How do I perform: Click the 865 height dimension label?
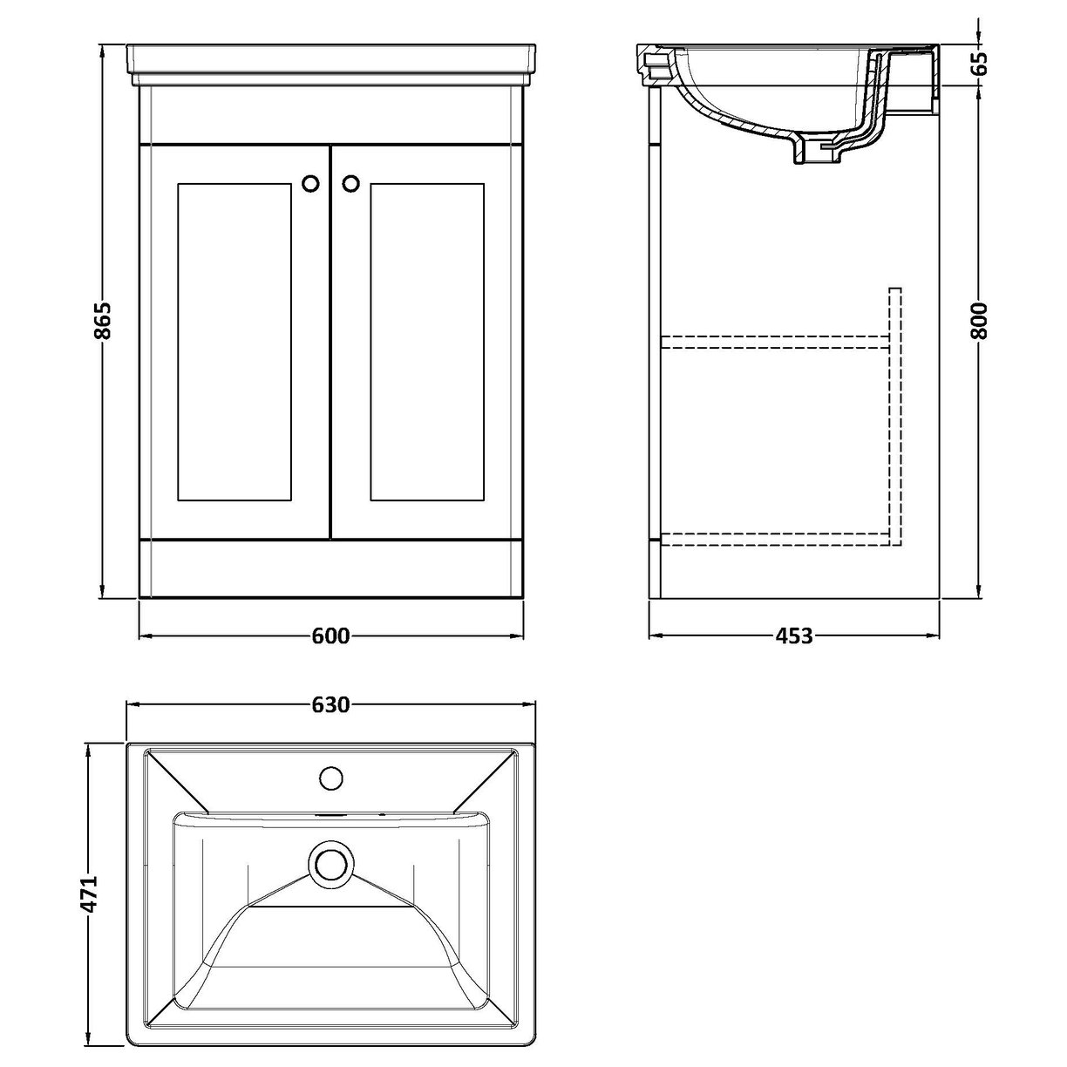(x=103, y=321)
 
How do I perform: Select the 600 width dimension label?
(x=330, y=636)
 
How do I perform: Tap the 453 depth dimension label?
(x=793, y=636)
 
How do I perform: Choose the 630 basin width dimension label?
(x=330, y=703)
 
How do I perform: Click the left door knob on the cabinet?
(x=310, y=183)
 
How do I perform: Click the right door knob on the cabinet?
(x=350, y=183)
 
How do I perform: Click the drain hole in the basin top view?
(x=330, y=865)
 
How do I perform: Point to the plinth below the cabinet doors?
(x=330, y=568)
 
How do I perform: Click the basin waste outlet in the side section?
(x=811, y=153)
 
